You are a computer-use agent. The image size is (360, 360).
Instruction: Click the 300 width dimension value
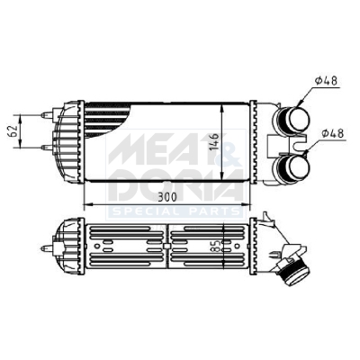167,197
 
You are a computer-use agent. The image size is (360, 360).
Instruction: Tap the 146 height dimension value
216,141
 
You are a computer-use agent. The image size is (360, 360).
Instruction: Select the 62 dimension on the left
13,130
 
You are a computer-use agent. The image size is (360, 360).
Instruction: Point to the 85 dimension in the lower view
218,247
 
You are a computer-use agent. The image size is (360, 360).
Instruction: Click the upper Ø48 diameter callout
326,81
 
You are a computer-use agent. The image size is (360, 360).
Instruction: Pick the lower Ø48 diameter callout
332,133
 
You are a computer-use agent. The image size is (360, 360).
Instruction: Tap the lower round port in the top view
293,166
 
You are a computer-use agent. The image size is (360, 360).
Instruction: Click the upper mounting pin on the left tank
47,115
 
